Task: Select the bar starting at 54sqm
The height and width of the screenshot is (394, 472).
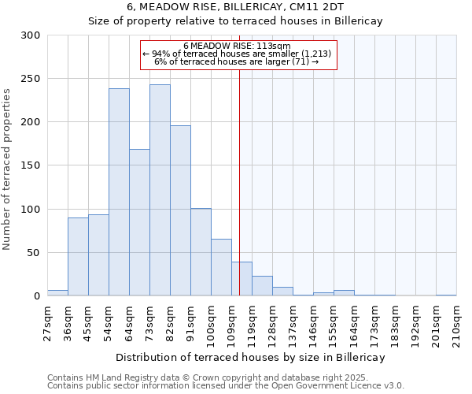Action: (x=119, y=192)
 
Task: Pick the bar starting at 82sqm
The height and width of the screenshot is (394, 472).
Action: (x=180, y=210)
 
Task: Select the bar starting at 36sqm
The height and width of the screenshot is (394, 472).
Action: (x=78, y=257)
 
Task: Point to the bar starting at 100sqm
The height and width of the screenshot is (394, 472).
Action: (x=221, y=267)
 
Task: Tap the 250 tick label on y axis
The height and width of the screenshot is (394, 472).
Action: (x=31, y=79)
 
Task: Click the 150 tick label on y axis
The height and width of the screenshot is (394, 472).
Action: (x=31, y=165)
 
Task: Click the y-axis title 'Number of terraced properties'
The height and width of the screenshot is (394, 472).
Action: (x=7, y=169)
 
